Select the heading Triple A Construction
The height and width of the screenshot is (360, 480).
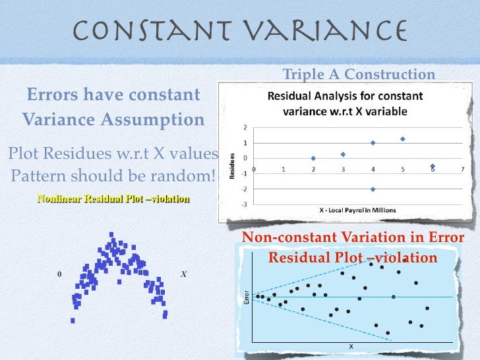click(359, 75)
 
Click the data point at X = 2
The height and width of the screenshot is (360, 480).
click(313, 158)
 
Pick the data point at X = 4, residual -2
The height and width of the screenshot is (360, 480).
click(373, 189)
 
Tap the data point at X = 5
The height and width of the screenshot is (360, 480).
click(402, 139)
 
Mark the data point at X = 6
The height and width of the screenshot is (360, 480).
click(433, 166)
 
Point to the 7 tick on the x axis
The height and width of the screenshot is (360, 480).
click(463, 169)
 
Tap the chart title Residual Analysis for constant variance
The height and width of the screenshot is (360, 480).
click(345, 104)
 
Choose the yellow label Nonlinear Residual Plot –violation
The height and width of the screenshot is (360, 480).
click(113, 198)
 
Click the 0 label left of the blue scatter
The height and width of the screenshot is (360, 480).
click(59, 274)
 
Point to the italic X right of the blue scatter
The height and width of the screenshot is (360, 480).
click(184, 274)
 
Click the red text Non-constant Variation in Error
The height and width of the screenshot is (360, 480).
click(353, 238)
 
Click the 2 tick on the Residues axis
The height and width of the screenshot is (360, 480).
click(245, 127)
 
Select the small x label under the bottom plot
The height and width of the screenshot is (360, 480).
click(351, 346)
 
